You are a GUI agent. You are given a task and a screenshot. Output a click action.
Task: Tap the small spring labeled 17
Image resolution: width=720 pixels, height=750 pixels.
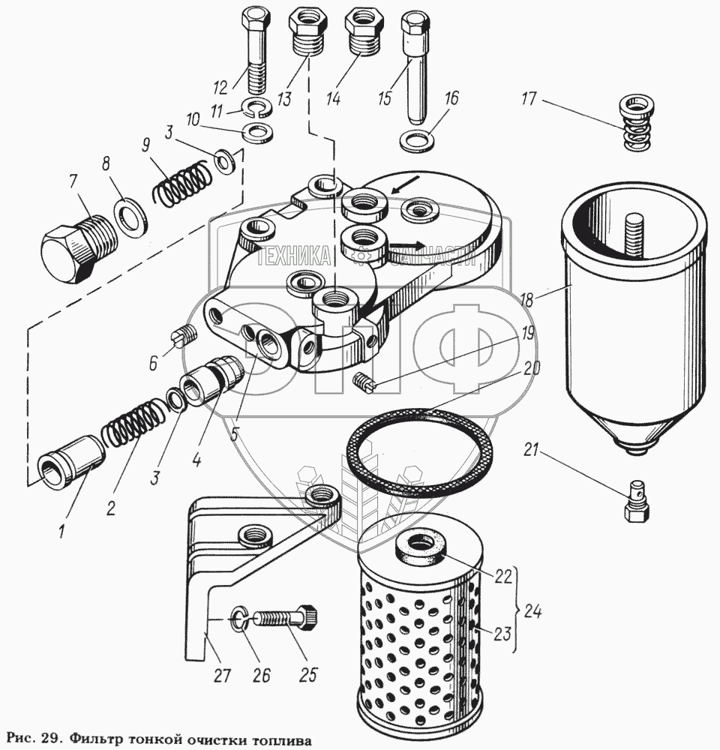637,123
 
